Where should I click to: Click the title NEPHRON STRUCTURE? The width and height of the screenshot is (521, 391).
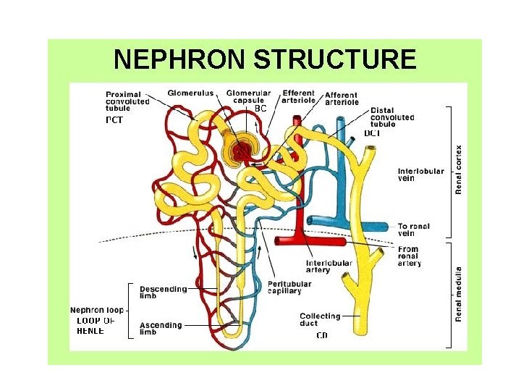pos(265,59)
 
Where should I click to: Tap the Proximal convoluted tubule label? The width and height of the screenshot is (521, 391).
pos(127,101)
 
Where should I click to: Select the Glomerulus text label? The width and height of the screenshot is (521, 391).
pos(190,93)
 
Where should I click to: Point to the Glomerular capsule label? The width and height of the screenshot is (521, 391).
pos(247,96)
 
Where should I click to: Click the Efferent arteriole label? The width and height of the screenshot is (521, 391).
pos(299,96)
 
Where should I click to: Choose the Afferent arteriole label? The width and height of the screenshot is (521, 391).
pos(342,98)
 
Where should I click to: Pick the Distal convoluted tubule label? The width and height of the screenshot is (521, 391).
pos(391,117)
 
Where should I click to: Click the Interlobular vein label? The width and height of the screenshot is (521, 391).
pos(416,175)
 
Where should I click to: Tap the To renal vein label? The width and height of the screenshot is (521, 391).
pos(413,230)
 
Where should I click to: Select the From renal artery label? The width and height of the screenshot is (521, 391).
pos(409,256)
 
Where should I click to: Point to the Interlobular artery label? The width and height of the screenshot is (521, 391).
pos(329,266)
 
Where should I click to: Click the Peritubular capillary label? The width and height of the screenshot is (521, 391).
pos(289,287)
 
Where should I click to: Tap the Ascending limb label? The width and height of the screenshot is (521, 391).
pos(161,329)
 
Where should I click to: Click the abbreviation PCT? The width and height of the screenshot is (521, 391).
pos(114,120)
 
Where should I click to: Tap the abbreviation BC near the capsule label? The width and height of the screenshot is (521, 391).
pos(260,109)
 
